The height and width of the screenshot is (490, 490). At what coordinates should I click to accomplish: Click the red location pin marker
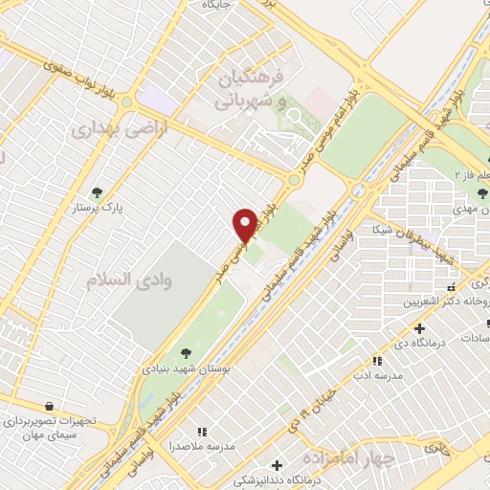point(245,225)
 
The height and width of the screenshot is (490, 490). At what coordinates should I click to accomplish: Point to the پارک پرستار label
point(95,207)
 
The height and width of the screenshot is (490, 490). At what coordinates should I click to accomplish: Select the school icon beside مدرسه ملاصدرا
point(201,433)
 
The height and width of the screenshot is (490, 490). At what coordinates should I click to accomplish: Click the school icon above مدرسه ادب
point(377,360)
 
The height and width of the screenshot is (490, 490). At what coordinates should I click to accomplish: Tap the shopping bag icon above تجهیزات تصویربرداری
point(47,406)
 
